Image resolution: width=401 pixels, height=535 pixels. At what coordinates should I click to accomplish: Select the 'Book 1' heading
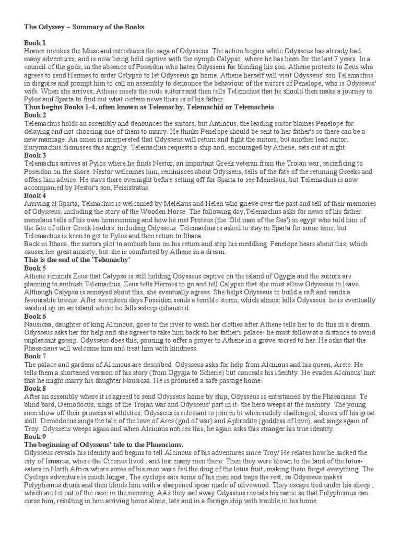pyautogui.click(x=35, y=42)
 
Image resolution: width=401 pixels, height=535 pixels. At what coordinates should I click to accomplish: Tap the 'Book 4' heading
pyautogui.click(x=35, y=195)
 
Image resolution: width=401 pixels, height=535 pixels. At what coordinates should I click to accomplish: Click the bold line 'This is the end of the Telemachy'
pyautogui.click(x=77, y=260)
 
